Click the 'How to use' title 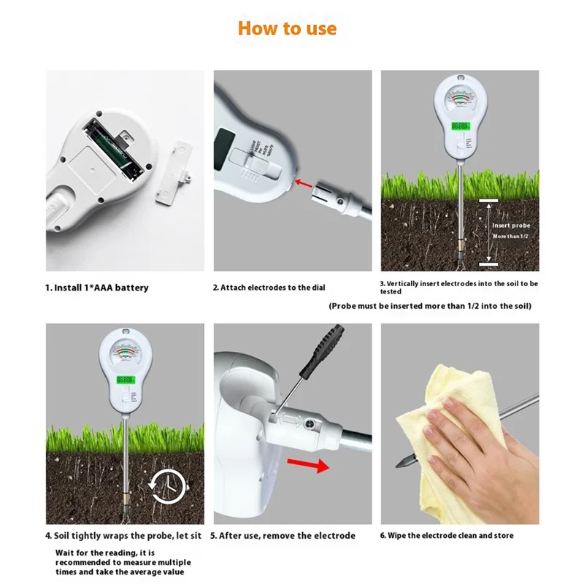point(287,28)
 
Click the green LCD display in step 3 point(459,126)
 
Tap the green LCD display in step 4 point(126,380)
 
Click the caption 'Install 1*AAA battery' point(97,288)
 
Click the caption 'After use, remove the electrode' point(283,536)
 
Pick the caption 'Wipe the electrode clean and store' point(446,536)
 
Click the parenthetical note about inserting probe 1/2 point(430,306)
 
